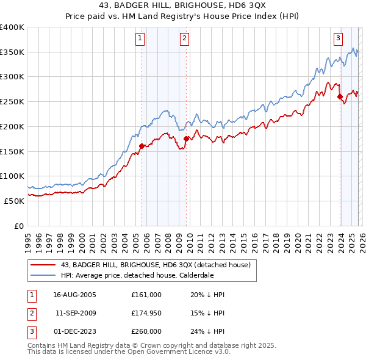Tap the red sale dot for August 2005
142,146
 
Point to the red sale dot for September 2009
186,139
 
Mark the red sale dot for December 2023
340,96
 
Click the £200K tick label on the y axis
12,126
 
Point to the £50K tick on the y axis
15,201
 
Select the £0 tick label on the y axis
20,226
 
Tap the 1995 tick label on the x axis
28,241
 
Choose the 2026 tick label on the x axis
362,241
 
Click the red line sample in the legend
43,264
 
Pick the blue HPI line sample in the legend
43,275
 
